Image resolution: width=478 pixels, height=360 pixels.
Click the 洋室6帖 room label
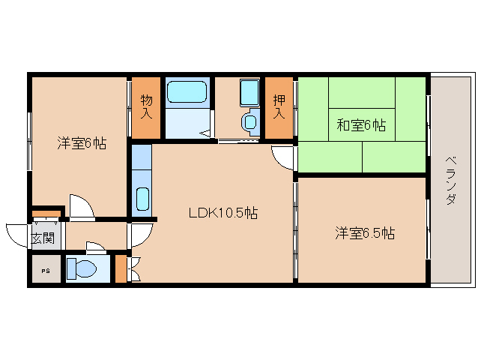(x=82, y=143)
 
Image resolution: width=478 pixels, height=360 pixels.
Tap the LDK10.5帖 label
(x=223, y=213)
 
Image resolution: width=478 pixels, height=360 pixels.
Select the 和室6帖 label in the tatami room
(x=361, y=124)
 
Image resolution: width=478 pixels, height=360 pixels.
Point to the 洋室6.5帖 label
(x=365, y=233)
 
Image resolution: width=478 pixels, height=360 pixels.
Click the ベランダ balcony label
(x=451, y=180)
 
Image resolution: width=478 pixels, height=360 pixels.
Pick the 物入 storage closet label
(x=146, y=106)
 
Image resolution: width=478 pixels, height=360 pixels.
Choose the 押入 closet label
(x=279, y=106)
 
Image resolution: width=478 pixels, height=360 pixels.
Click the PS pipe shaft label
(x=46, y=271)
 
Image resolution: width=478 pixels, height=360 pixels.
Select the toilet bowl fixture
(x=82, y=268)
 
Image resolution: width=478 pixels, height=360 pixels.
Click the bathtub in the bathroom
(x=187, y=91)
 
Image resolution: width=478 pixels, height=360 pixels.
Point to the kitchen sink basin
(x=142, y=199)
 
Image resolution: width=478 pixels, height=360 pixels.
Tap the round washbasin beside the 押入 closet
(x=250, y=122)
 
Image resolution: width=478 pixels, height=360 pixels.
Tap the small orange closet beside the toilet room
(x=121, y=268)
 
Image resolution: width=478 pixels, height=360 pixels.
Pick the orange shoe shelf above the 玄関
(x=46, y=213)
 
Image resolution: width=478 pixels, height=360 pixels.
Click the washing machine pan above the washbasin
(x=249, y=93)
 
